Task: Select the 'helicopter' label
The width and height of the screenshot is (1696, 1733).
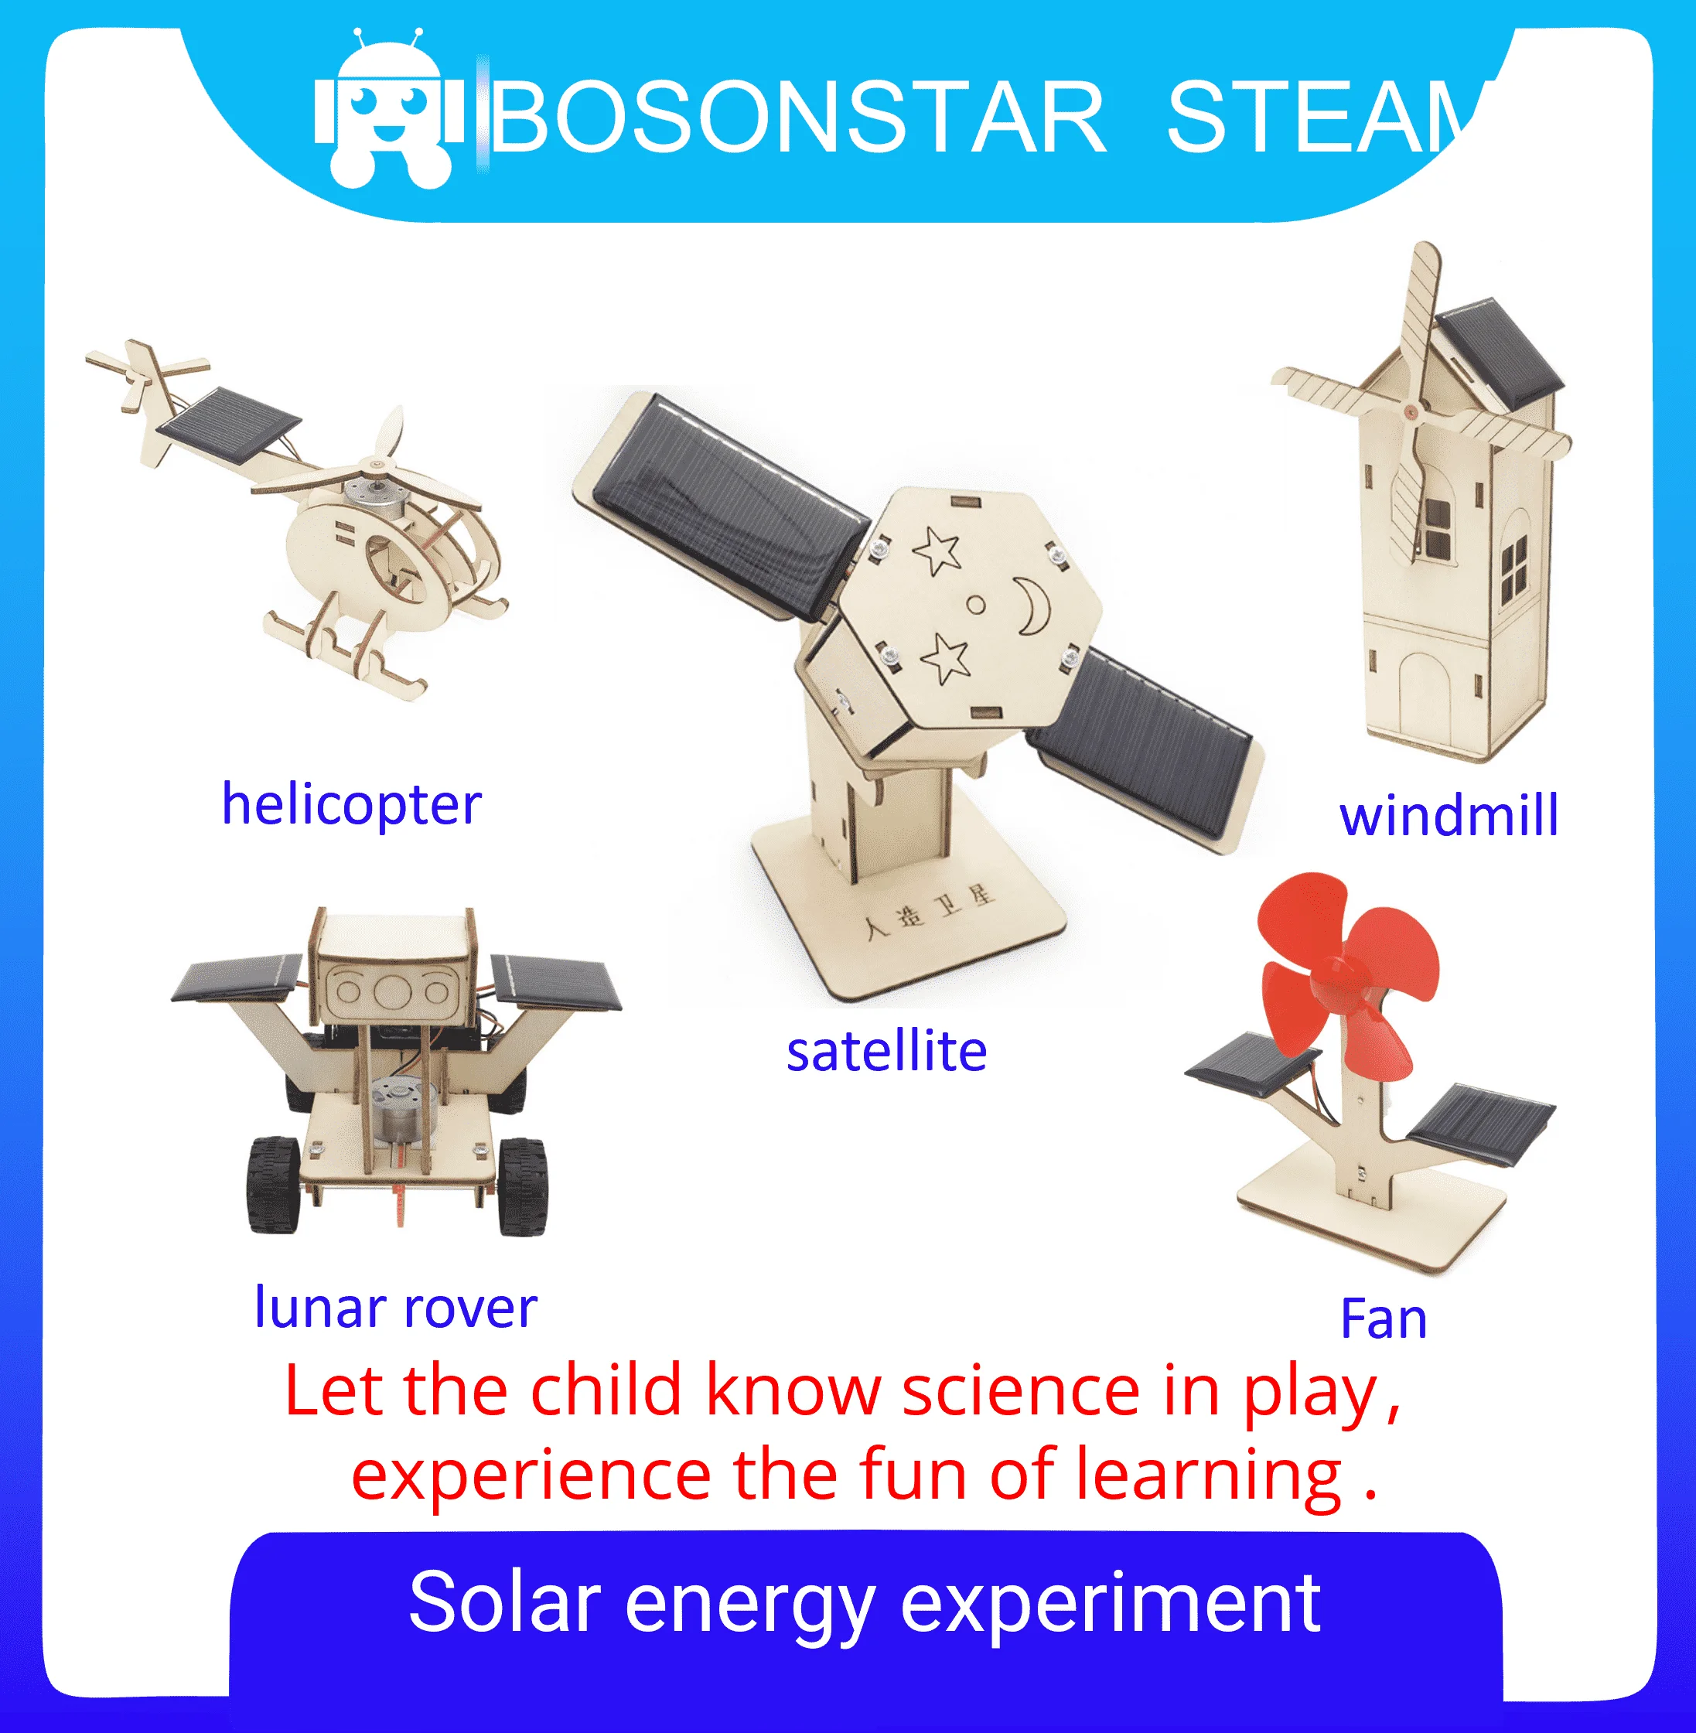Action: [351, 804]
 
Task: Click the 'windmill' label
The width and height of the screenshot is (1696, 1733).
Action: [1449, 816]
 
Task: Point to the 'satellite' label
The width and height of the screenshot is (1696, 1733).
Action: [886, 1051]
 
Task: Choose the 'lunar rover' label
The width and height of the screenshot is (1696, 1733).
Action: [395, 1308]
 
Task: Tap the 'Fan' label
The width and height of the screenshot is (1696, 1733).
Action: [1384, 1319]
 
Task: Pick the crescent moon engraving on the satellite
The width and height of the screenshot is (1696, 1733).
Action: [1034, 606]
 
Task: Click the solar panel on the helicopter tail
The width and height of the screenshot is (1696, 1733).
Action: [228, 425]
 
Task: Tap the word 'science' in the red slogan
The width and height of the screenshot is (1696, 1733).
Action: [1021, 1392]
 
